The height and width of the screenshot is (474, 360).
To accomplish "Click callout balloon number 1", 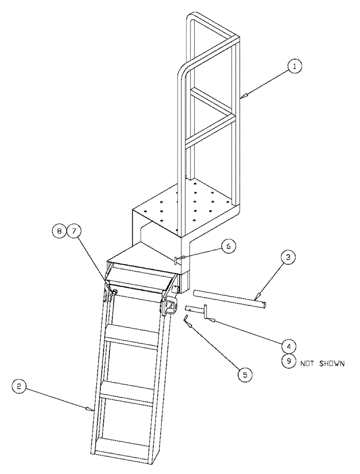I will pos(294,68).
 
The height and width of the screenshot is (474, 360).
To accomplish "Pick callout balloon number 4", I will pos(288,344).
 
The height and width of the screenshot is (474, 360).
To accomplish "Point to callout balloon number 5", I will pos(244,374).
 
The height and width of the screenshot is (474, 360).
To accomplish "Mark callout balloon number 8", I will pos(59,232).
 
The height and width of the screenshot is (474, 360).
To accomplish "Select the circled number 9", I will pos(287,362).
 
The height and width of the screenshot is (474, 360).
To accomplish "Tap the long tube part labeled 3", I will pos(229,298).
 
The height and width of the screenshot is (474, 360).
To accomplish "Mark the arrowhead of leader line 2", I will pos(93,409).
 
